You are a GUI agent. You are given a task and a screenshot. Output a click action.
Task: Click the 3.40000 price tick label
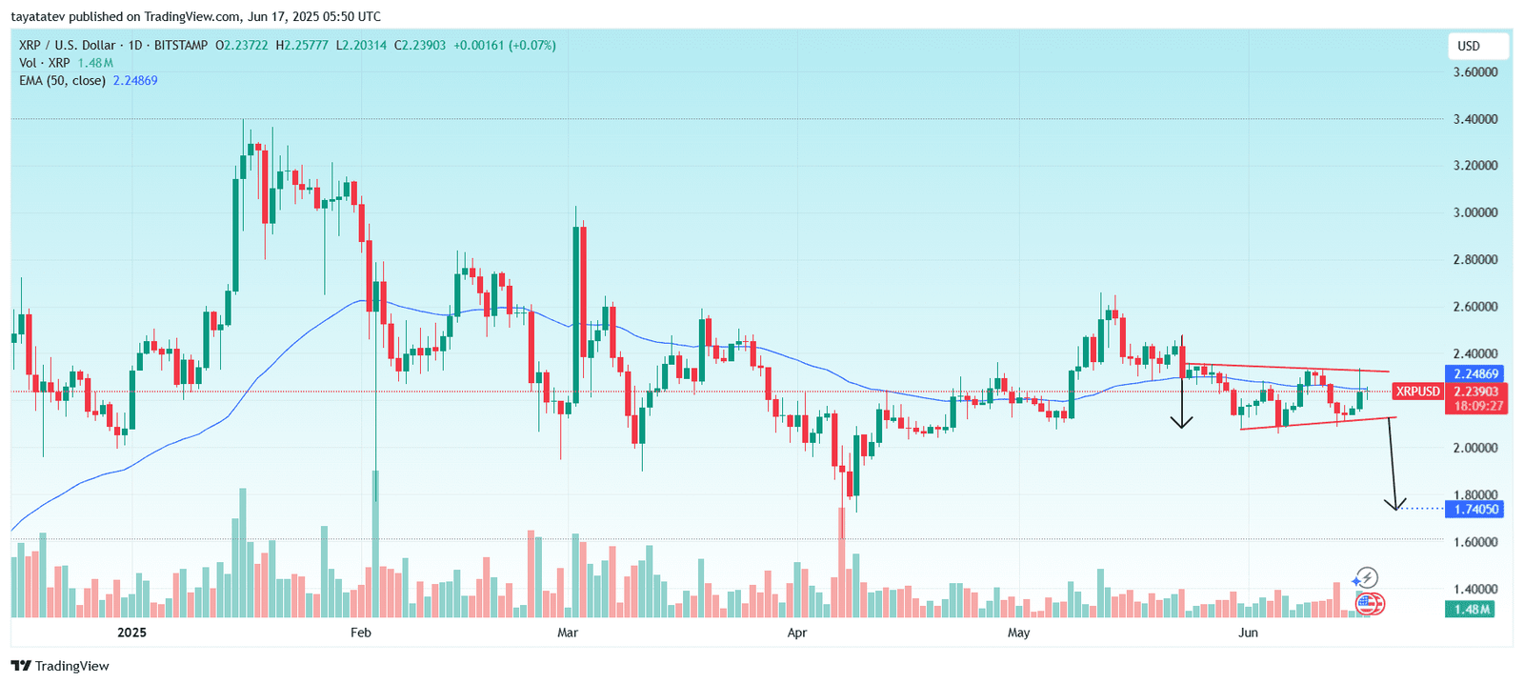1474,119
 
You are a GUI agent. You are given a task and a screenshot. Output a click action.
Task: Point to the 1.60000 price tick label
1474,542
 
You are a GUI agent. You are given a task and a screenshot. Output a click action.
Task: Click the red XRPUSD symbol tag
1418,392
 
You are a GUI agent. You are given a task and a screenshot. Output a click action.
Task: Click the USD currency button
1469,46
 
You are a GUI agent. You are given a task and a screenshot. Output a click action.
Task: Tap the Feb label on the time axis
361,633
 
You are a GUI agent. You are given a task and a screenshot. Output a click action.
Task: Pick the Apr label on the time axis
797,633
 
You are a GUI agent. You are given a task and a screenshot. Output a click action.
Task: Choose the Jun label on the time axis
1248,633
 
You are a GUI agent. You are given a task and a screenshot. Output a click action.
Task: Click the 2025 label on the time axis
131,633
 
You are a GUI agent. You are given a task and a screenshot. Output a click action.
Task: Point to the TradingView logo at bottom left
60,666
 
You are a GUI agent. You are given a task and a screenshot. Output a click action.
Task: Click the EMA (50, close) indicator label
62,81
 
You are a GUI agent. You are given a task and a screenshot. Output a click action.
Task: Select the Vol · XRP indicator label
45,63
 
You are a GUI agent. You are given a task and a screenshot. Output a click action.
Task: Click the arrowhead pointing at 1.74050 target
1396,505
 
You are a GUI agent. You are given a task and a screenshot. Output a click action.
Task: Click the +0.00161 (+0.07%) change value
504,45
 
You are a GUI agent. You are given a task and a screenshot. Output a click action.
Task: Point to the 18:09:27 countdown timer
1475,406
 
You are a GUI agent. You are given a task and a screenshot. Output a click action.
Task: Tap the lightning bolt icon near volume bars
1366,577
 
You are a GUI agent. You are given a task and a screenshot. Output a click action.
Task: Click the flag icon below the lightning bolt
1369,602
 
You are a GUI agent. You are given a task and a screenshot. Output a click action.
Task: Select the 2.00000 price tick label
1474,448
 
